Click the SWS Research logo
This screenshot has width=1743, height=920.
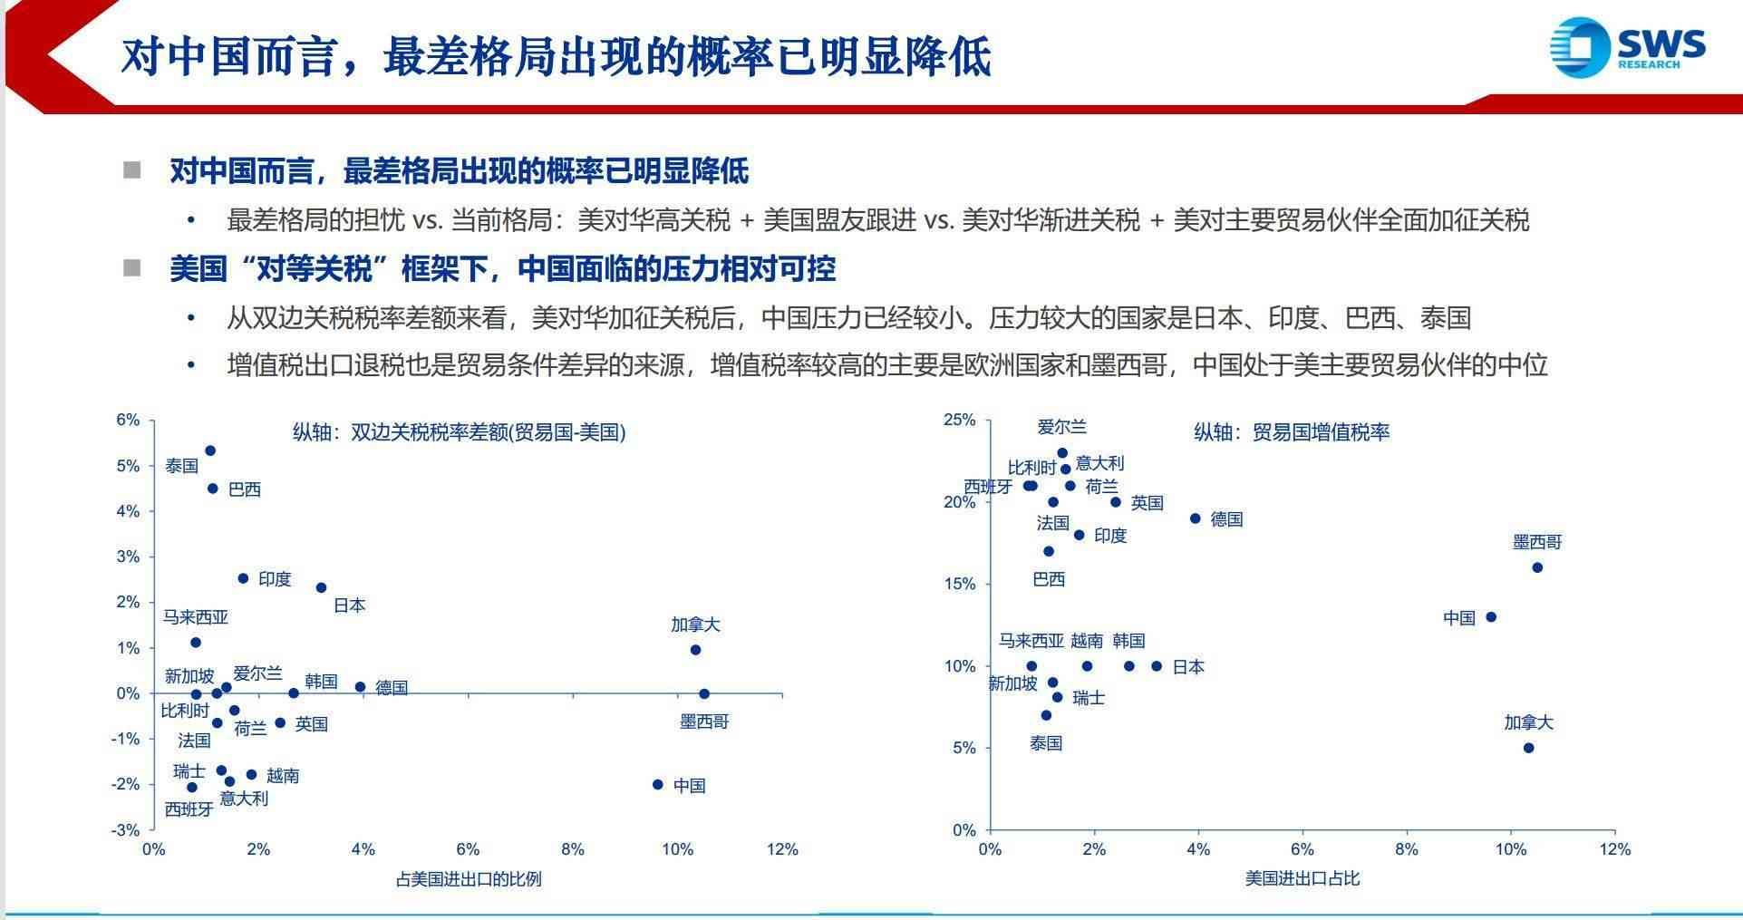(1628, 47)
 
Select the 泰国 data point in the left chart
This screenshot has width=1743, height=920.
(210, 450)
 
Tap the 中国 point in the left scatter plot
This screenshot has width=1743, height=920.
(658, 784)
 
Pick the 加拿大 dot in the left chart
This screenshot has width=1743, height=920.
(695, 650)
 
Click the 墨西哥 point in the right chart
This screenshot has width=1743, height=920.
(1537, 567)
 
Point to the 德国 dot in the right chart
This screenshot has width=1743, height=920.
(1196, 518)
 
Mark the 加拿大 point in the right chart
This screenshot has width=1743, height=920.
(1528, 748)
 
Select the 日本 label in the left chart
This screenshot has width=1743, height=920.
(349, 605)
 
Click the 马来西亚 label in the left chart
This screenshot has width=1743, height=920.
(196, 617)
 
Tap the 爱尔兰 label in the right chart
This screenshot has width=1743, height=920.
(1062, 427)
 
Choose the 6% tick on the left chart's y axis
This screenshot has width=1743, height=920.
(128, 420)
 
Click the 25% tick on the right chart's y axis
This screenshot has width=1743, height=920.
(960, 420)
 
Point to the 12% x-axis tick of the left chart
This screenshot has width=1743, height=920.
(782, 849)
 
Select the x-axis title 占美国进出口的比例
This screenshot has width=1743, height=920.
(469, 878)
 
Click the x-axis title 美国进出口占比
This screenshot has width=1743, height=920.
(1302, 878)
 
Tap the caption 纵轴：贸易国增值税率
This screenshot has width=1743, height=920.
(1291, 432)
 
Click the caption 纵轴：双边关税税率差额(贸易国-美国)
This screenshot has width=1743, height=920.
(459, 432)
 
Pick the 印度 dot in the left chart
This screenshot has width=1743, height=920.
(243, 578)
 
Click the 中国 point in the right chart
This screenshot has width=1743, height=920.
(1491, 617)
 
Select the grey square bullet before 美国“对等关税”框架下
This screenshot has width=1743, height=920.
(132, 267)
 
